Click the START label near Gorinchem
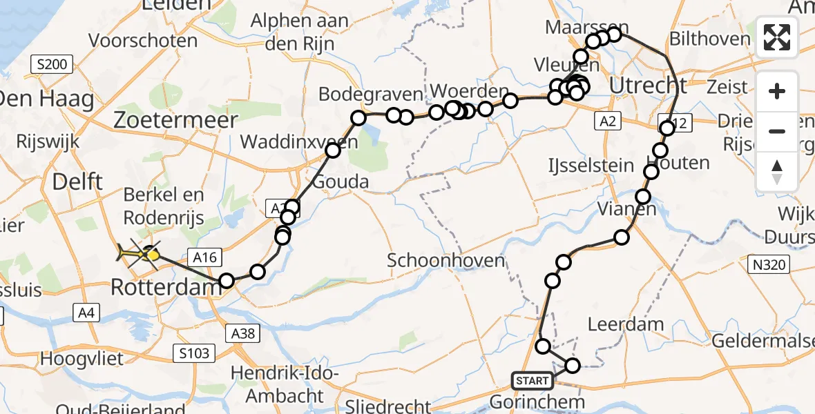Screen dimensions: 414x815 533,380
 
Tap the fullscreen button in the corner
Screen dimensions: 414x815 777,38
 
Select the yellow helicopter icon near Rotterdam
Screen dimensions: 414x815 134,255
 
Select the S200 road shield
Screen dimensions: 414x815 52,66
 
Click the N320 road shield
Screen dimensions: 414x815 769,262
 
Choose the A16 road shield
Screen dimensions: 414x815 205,257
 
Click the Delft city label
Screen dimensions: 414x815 78,182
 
